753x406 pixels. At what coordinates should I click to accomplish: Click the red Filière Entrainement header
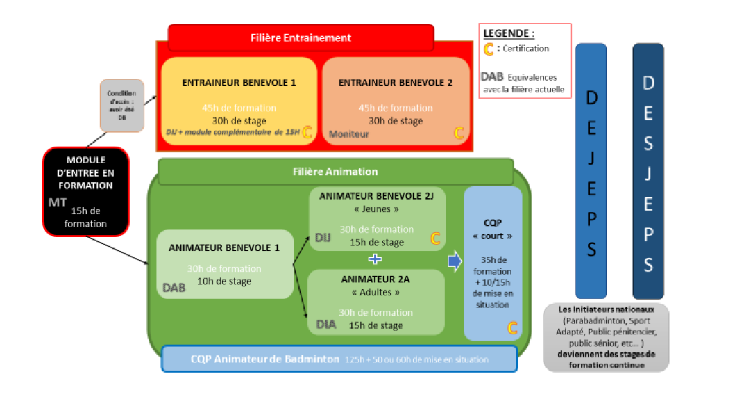pos(301,38)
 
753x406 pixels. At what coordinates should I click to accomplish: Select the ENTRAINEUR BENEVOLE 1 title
pos(239,82)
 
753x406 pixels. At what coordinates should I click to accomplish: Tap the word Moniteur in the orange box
pos(349,133)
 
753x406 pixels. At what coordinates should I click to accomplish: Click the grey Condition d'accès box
pos(121,105)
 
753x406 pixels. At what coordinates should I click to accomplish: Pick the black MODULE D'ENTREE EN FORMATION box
pos(86,191)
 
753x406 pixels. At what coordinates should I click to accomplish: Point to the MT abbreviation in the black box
pos(57,204)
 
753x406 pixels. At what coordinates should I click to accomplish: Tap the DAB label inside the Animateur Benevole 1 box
pos(174,287)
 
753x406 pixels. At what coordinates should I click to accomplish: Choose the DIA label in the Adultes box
pos(325,324)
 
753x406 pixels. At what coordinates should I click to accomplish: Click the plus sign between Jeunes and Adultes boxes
pos(375,259)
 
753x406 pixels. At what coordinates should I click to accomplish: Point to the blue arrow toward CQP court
pos(455,261)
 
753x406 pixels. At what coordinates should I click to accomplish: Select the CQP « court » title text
pos(493,229)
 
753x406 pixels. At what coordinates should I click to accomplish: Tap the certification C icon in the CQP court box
pos(513,327)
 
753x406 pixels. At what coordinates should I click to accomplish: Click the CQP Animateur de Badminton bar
pos(339,359)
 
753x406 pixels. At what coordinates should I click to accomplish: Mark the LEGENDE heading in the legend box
pos(509,33)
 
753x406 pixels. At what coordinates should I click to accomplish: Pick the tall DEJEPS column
pos(591,171)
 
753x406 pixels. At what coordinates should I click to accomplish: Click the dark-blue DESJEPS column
pos(648,171)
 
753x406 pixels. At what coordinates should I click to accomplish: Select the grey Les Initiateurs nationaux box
pos(606,337)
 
